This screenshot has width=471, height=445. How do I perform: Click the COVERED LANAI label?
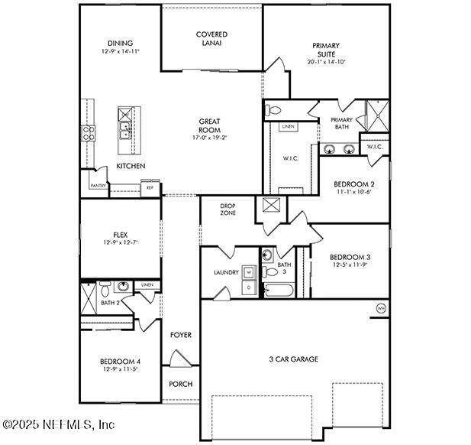click(x=211, y=38)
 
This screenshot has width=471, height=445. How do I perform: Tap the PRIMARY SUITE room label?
click(x=329, y=50)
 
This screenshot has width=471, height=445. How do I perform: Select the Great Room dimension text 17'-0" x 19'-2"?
click(x=210, y=138)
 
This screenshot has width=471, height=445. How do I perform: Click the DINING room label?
click(x=120, y=43)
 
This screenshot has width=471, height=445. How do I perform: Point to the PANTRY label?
click(x=98, y=185)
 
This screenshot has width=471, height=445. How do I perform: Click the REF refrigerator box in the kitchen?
click(x=150, y=187)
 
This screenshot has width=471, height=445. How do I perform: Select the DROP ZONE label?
click(x=227, y=209)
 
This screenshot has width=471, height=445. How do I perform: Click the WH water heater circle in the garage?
click(x=381, y=308)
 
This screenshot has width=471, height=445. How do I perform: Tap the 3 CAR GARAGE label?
click(x=292, y=359)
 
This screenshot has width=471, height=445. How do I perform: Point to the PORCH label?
click(x=180, y=384)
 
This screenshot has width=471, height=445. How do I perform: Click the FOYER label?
click(x=180, y=335)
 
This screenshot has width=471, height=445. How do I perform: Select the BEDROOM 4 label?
click(x=120, y=361)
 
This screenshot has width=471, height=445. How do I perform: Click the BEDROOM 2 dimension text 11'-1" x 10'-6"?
click(x=353, y=192)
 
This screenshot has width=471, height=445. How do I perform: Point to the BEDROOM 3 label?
click(x=350, y=256)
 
